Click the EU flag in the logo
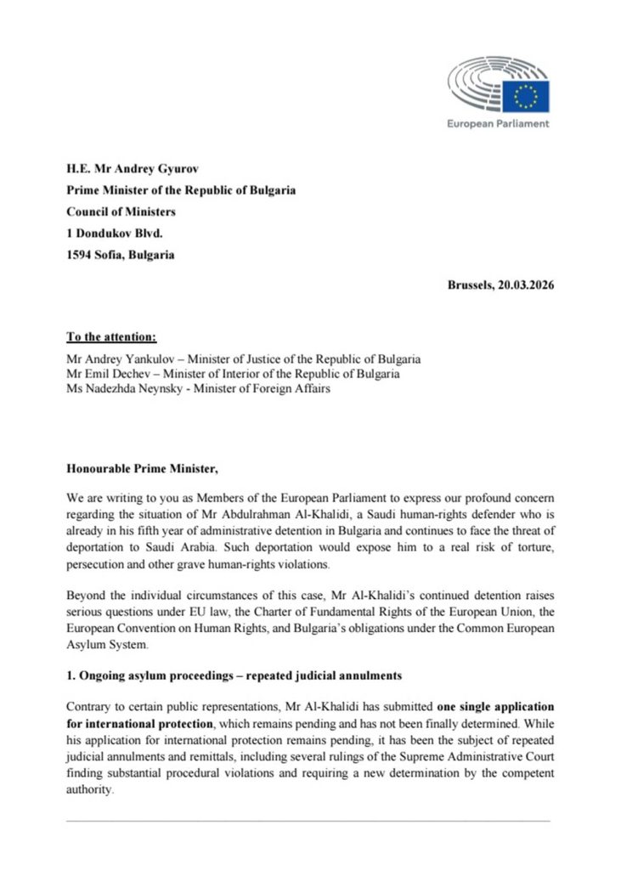pyautogui.click(x=525, y=96)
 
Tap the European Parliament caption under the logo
pyautogui.click(x=498, y=123)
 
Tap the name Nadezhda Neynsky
pyautogui.click(x=136, y=388)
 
